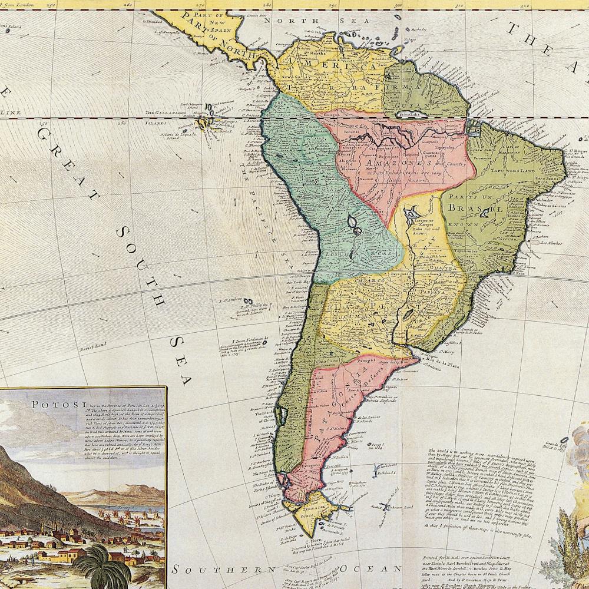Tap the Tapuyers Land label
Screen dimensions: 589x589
pyautogui.click(x=520, y=171)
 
